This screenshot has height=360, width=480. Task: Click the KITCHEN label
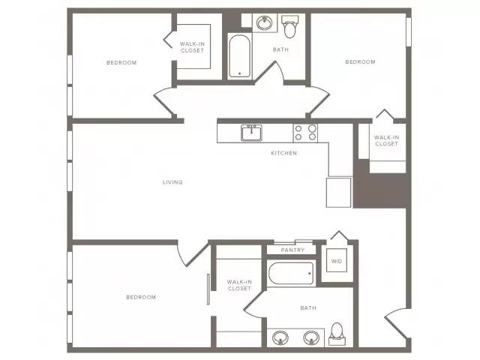[283, 153]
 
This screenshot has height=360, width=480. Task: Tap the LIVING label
[172, 182]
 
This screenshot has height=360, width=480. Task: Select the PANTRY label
[292, 250]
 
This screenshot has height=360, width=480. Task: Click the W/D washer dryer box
[337, 260]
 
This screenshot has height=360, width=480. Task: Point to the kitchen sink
[251, 133]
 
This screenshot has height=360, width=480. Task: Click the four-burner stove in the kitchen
[305, 133]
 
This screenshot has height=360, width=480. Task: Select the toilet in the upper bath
[289, 27]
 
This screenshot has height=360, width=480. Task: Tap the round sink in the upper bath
[265, 23]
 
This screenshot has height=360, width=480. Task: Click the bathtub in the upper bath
[240, 56]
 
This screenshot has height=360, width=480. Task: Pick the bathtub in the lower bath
[291, 273]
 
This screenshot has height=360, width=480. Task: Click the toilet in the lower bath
[337, 334]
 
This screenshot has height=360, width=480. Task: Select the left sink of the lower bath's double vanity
[280, 338]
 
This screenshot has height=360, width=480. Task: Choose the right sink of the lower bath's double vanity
[311, 338]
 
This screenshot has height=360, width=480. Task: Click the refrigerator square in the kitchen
[338, 193]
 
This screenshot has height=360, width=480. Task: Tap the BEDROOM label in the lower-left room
[141, 297]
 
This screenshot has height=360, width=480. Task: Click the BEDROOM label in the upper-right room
[360, 61]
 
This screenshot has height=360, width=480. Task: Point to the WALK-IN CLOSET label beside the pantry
[239, 285]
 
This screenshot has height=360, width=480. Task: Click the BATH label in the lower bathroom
[308, 308]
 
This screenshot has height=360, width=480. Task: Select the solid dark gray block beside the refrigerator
[381, 190]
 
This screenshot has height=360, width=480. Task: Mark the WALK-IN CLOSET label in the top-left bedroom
[192, 47]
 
